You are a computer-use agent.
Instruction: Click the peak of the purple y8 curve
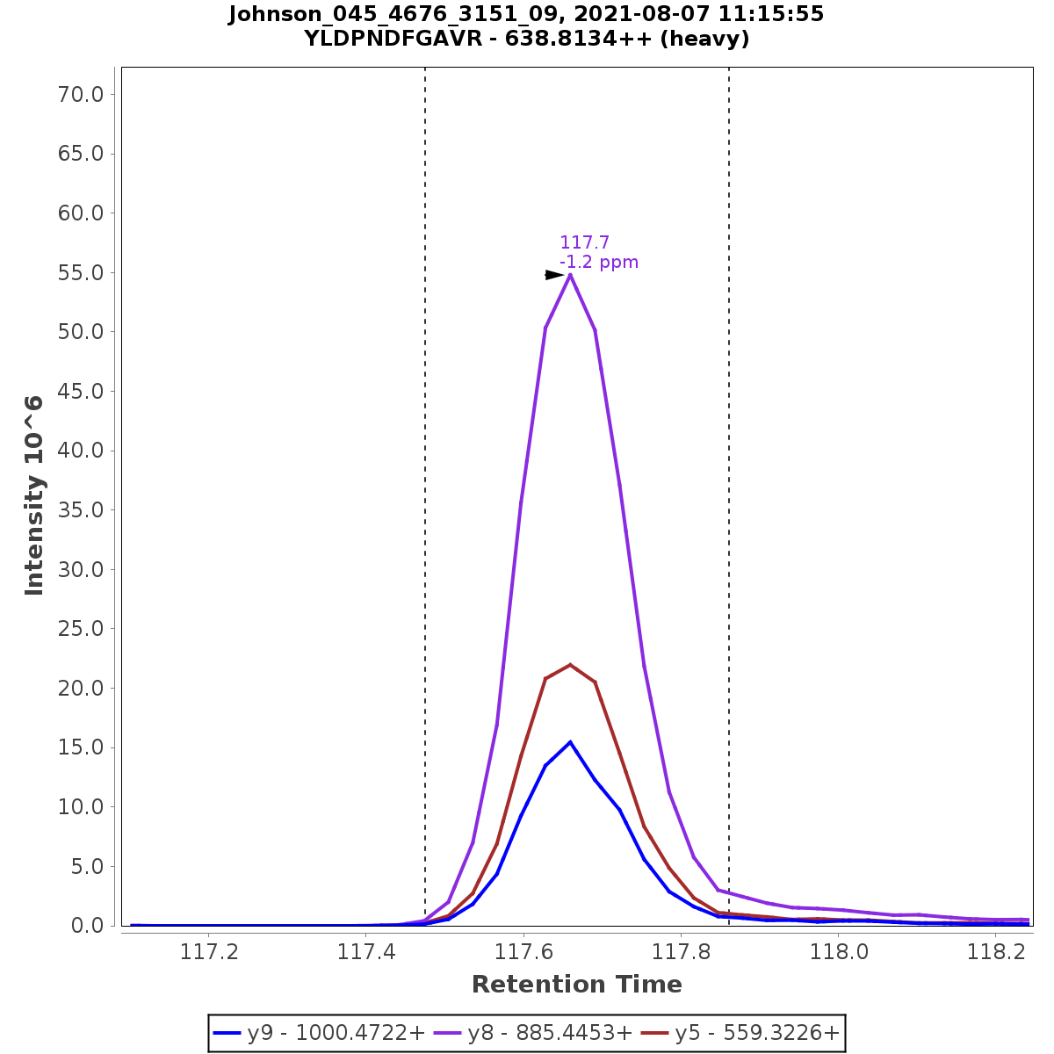pyautogui.click(x=570, y=275)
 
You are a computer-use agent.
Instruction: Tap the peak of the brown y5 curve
pyautogui.click(x=570, y=665)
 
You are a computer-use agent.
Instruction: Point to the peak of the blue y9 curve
pyautogui.click(x=570, y=742)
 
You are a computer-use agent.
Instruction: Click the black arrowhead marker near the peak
pyautogui.click(x=553, y=275)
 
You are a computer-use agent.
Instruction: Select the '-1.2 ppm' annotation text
pyautogui.click(x=599, y=262)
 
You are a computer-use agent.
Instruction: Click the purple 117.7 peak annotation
pyautogui.click(x=585, y=242)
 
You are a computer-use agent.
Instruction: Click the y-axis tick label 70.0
pyautogui.click(x=81, y=94)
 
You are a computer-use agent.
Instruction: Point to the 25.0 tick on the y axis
pyautogui.click(x=81, y=629)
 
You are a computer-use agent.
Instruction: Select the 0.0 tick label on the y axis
pyautogui.click(x=87, y=926)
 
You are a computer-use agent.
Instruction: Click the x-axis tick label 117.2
pyautogui.click(x=210, y=952)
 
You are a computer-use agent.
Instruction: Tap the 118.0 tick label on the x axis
pyautogui.click(x=839, y=952)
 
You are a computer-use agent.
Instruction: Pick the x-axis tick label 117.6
pyautogui.click(x=524, y=952)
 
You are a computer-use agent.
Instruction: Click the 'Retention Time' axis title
pyautogui.click(x=577, y=985)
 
